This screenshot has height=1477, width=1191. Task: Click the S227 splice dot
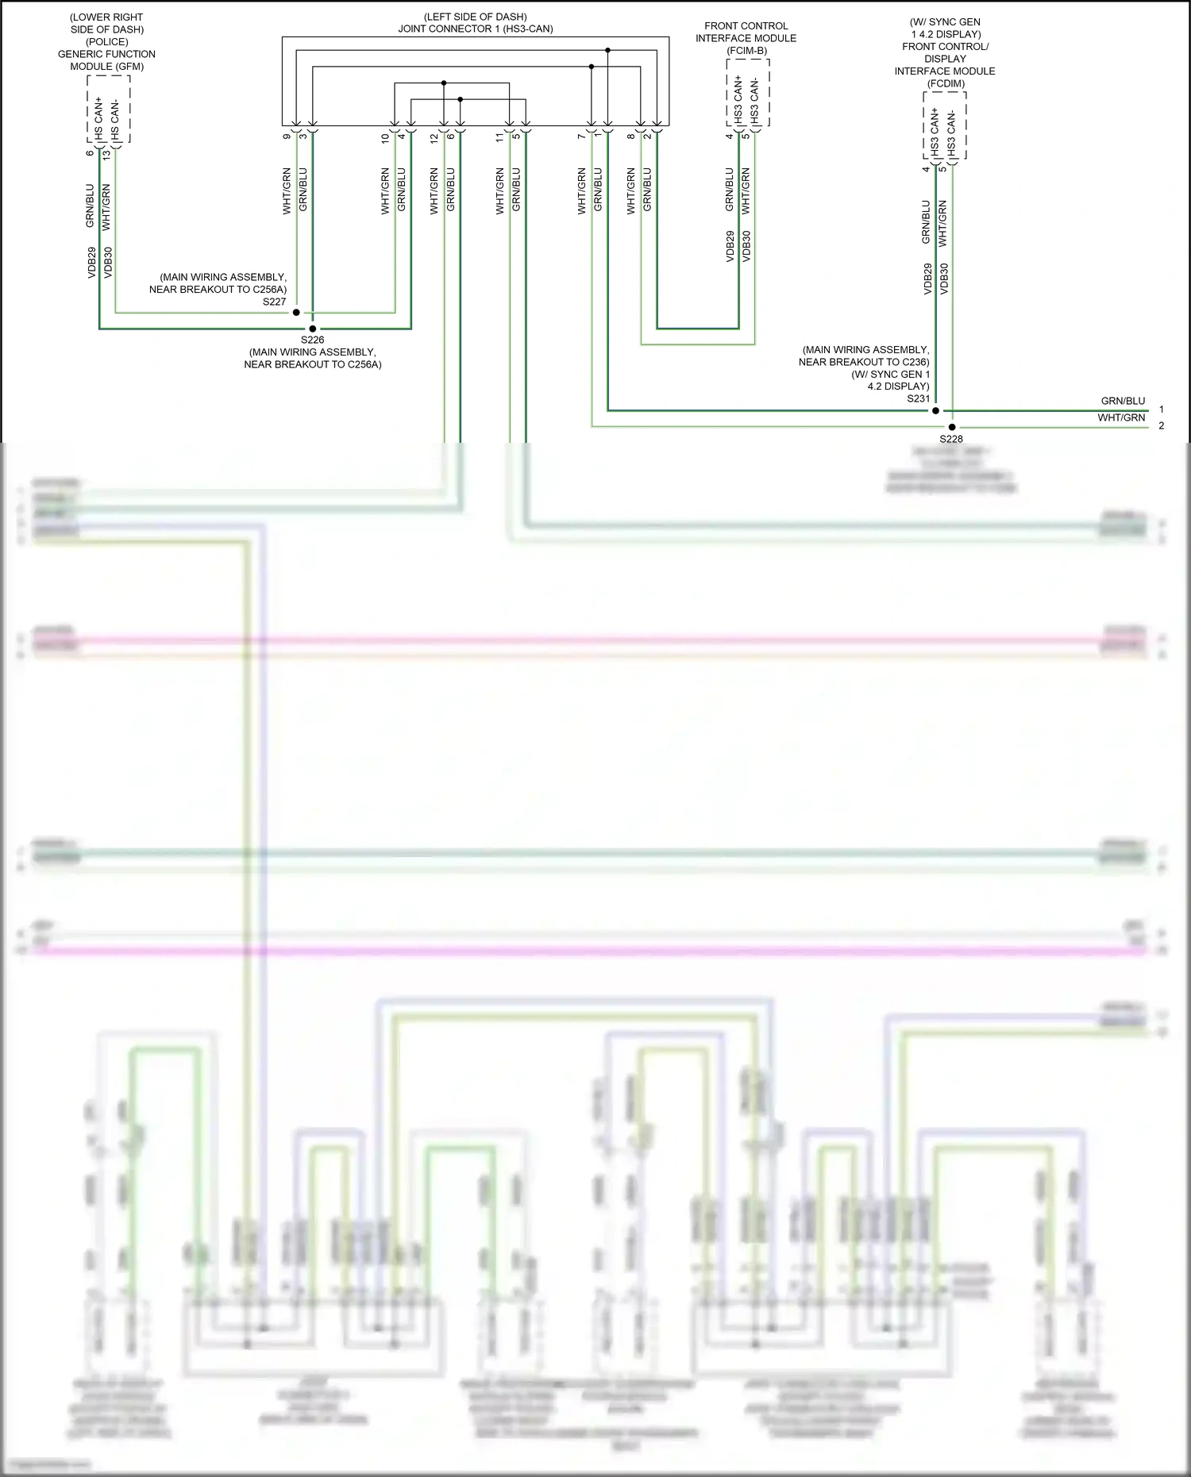click(296, 313)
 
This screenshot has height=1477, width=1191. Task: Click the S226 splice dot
click(312, 329)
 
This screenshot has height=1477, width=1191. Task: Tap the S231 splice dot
click(935, 411)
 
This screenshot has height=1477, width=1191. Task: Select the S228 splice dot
click(952, 427)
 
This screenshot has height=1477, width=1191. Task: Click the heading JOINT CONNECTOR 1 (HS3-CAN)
click(476, 29)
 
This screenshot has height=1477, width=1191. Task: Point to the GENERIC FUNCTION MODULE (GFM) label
click(106, 60)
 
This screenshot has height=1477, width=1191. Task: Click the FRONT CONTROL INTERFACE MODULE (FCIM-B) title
click(746, 38)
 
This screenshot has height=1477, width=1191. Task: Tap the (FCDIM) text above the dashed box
click(946, 83)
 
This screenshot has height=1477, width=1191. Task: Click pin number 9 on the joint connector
click(287, 137)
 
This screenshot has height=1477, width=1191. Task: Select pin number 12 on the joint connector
click(434, 137)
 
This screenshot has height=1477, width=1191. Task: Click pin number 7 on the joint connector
click(582, 137)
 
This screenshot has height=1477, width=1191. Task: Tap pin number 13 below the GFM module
click(106, 155)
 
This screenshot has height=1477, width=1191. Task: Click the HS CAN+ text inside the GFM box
click(98, 119)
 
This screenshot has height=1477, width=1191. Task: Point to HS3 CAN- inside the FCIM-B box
click(754, 101)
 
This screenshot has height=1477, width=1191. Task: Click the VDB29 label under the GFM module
click(91, 263)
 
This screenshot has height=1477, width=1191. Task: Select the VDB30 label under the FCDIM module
click(944, 279)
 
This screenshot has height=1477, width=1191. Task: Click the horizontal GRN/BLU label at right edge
click(1123, 401)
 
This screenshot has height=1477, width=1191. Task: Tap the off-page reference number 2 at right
click(1162, 426)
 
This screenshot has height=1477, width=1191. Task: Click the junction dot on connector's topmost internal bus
click(607, 50)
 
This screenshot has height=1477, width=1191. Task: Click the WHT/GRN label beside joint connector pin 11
click(500, 190)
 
